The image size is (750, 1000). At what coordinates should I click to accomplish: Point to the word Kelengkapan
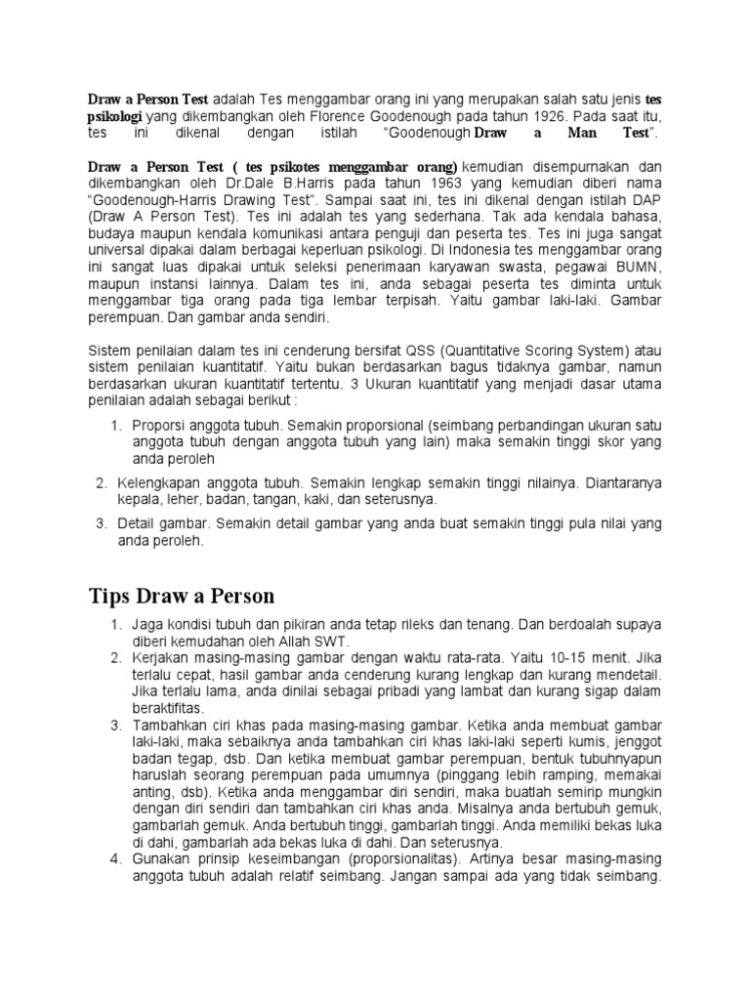(161, 482)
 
